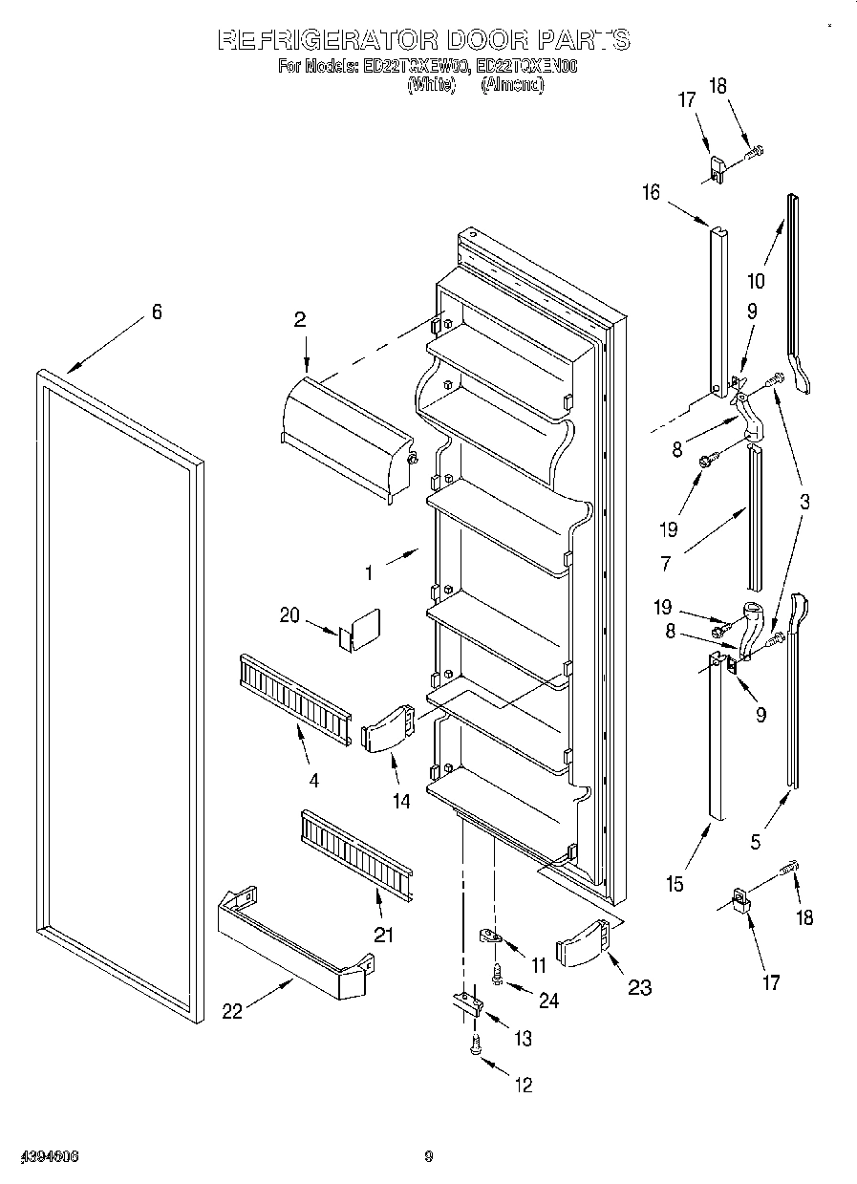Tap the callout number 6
pos(157,312)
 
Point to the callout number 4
pos(313,780)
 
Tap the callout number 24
pos(547,1001)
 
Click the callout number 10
pos(755,281)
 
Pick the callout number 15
pos(675,884)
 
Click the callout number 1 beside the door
pos(369,574)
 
